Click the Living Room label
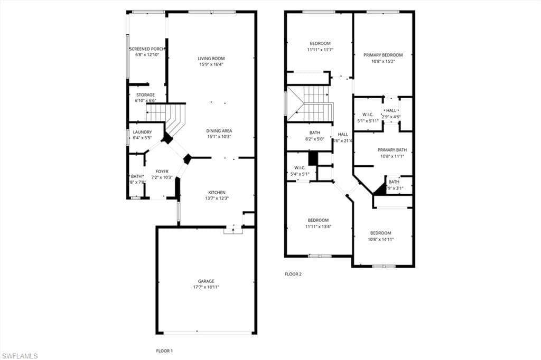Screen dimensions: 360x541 [x=211, y=59]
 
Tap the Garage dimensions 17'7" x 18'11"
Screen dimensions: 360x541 [x=206, y=287]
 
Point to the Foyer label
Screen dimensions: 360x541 [x=162, y=172]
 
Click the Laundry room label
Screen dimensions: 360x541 [x=143, y=132]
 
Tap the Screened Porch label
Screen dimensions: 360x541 [x=147, y=49]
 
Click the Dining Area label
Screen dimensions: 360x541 [x=219, y=131]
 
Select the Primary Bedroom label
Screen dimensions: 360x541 [x=383, y=55]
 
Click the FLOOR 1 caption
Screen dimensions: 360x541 [x=164, y=350]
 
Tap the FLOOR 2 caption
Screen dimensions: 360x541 [x=293, y=274]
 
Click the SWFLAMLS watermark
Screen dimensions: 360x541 [x=20, y=356]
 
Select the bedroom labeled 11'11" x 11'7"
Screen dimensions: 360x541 [x=320, y=43]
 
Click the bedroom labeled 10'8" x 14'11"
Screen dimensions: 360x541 [x=380, y=233]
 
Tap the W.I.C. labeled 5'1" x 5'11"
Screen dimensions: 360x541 [x=368, y=115]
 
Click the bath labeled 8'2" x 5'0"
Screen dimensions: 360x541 [x=315, y=132]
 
